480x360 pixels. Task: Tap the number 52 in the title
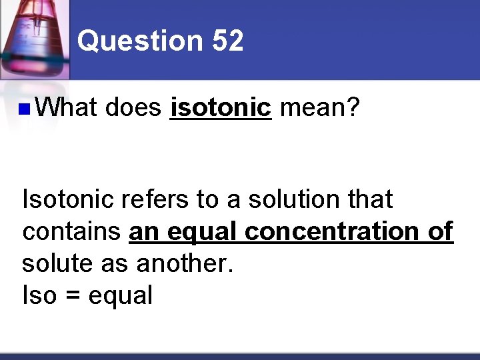coord(228,41)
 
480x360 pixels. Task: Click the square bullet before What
coord(24,109)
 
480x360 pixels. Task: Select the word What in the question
coord(67,107)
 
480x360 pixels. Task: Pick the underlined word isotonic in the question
coord(221,107)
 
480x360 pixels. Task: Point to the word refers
coord(157,199)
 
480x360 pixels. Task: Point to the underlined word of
coord(439,231)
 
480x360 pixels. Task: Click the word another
coord(185,263)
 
